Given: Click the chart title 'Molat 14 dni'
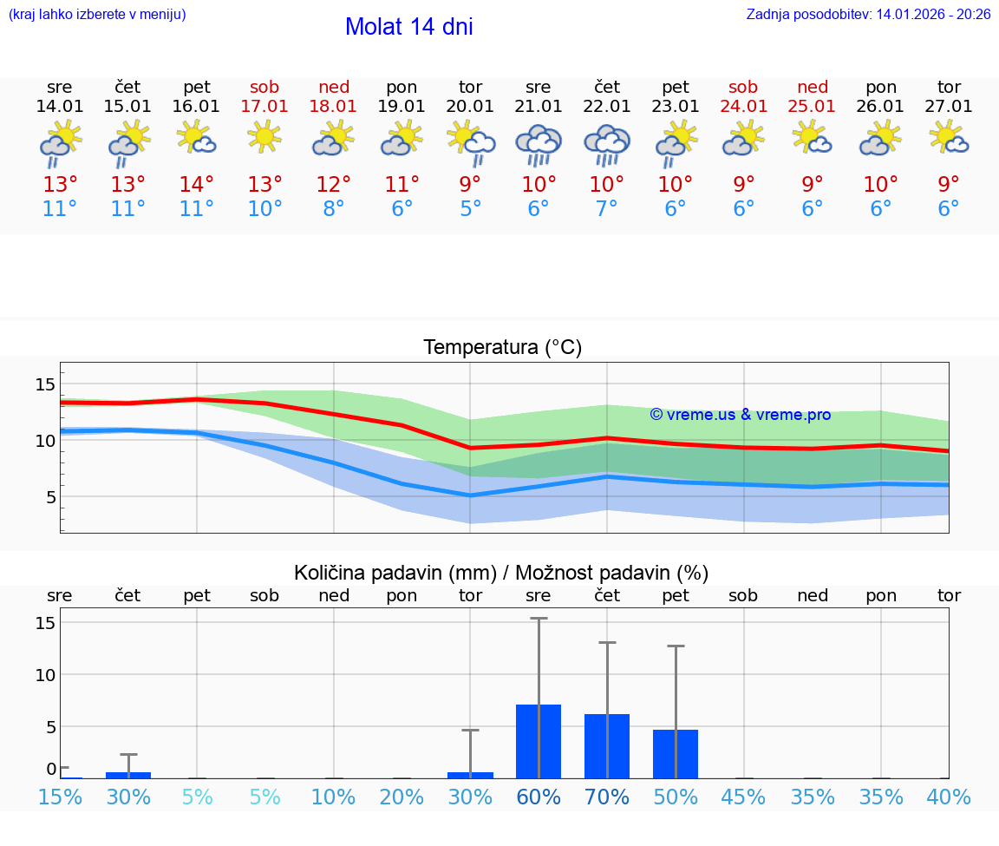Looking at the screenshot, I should tap(408, 27).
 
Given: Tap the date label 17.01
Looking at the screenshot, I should tap(264, 106).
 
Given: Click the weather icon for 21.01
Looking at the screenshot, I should tap(539, 144).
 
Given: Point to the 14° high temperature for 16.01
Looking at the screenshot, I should tap(197, 184).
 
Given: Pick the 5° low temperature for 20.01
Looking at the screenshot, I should tap(470, 209).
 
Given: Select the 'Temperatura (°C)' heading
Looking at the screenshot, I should tap(502, 347).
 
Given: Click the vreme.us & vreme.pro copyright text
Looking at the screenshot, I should tap(741, 415).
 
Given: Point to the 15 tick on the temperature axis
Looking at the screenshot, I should tap(45, 384).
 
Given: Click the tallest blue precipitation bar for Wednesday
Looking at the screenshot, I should tap(539, 741).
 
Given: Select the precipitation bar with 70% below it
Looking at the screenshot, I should tap(607, 746).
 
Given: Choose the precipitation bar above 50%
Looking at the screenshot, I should tap(676, 753).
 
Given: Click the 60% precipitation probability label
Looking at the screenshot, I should tap(539, 797).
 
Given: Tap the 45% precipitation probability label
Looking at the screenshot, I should tap(743, 797).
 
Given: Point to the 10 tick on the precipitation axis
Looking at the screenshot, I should tap(45, 674).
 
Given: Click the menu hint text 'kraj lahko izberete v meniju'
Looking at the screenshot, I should tap(97, 15).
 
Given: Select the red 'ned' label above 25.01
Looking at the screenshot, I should tap(812, 87).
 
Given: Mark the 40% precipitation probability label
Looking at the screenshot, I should tap(949, 797).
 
